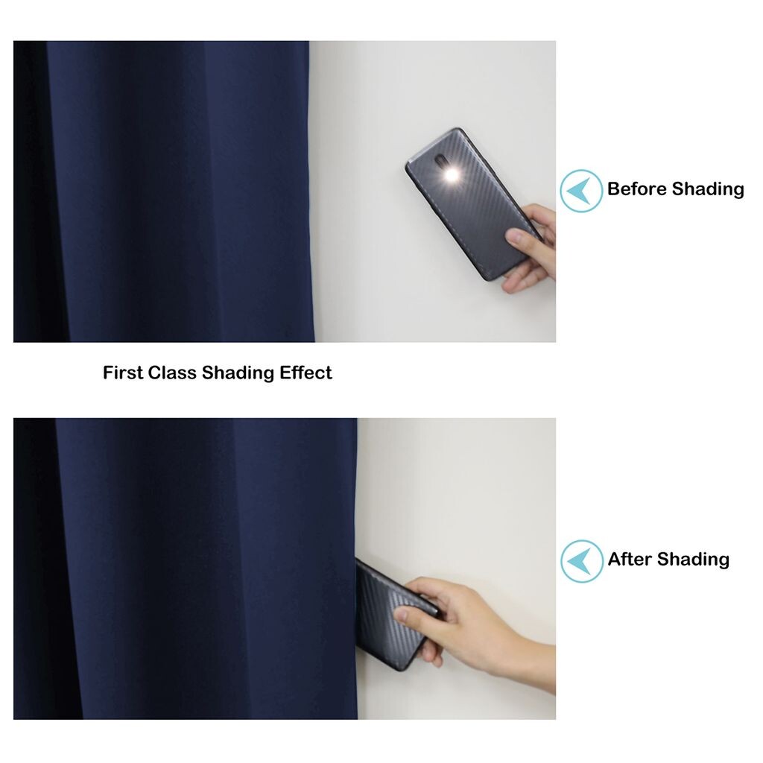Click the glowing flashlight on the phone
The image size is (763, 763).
pos(452,174)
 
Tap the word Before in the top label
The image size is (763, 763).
pos(636,189)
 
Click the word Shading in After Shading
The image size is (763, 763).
pos(694,560)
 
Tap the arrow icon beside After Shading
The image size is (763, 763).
pos(581,561)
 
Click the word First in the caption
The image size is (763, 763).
pos(123,373)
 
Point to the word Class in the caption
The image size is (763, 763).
pos(172,373)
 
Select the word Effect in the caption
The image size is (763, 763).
pos(305,373)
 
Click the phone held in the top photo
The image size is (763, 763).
pos(473,204)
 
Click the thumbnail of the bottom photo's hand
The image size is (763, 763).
pos(401,615)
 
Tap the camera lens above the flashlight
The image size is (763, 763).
pos(441,161)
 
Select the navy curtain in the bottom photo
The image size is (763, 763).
pos(186,569)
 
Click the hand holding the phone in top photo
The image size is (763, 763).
pos(530,248)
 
